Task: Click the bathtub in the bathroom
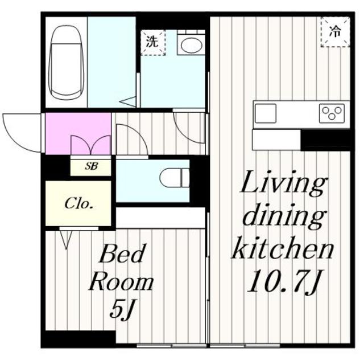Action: pyautogui.click(x=66, y=63)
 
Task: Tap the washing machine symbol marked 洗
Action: pyautogui.click(x=153, y=43)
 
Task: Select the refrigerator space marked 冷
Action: pyautogui.click(x=335, y=32)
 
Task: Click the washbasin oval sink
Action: pyautogui.click(x=191, y=46)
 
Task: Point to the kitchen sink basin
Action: pyautogui.click(x=266, y=113)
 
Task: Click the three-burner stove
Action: pyautogui.click(x=332, y=113)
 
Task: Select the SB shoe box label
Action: pyautogui.click(x=91, y=166)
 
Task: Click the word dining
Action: pyautogui.click(x=283, y=216)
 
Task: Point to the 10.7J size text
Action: pyautogui.click(x=284, y=281)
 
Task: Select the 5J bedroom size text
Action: pyautogui.click(x=121, y=309)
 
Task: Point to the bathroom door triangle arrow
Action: pyautogui.click(x=128, y=103)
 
